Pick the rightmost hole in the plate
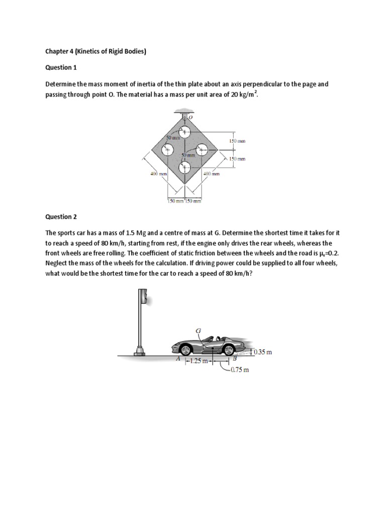point(202,149)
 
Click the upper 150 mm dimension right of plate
point(237,141)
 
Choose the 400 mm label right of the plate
point(212,174)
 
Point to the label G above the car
point(198,330)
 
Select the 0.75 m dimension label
point(239,370)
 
